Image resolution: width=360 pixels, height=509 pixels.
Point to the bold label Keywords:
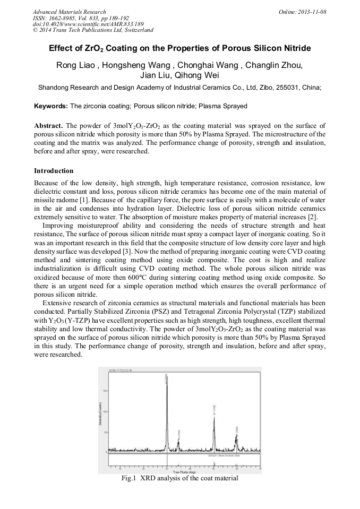51,106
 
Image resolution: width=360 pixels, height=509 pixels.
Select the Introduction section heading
54,171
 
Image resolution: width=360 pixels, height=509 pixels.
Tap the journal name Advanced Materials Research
69,12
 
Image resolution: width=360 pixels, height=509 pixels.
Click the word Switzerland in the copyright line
137,30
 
